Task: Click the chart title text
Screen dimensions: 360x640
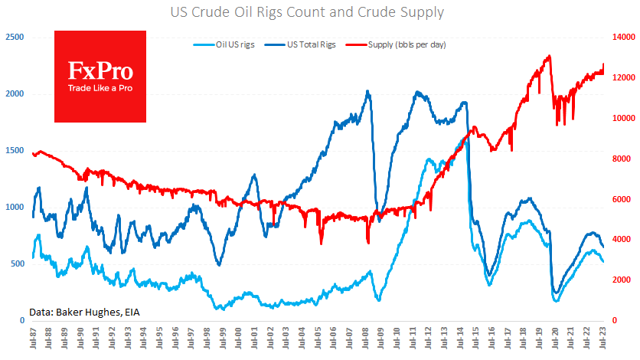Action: coord(320,12)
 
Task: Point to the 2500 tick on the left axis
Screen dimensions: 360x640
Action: coord(15,37)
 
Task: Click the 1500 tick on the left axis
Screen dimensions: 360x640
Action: coord(15,150)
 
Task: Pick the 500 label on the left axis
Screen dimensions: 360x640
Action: coord(17,263)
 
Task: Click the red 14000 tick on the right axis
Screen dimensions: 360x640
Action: coord(624,37)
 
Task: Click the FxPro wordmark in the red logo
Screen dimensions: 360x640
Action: coord(100,72)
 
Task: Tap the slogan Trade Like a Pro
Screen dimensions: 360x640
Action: coord(100,89)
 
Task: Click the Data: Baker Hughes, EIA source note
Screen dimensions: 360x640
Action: coord(85,312)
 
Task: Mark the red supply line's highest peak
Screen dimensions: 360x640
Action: coord(549,56)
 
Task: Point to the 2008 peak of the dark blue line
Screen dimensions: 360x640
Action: coord(368,91)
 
